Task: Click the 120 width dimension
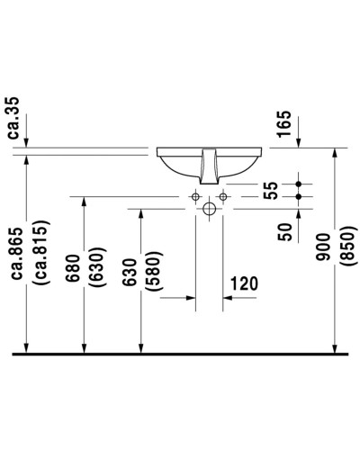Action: click(244, 283)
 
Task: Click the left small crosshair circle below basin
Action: click(194, 194)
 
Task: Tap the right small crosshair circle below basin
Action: click(222, 194)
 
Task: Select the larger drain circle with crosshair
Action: click(209, 209)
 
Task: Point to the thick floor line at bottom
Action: click(180, 354)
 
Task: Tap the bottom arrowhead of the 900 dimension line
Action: click(336, 346)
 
